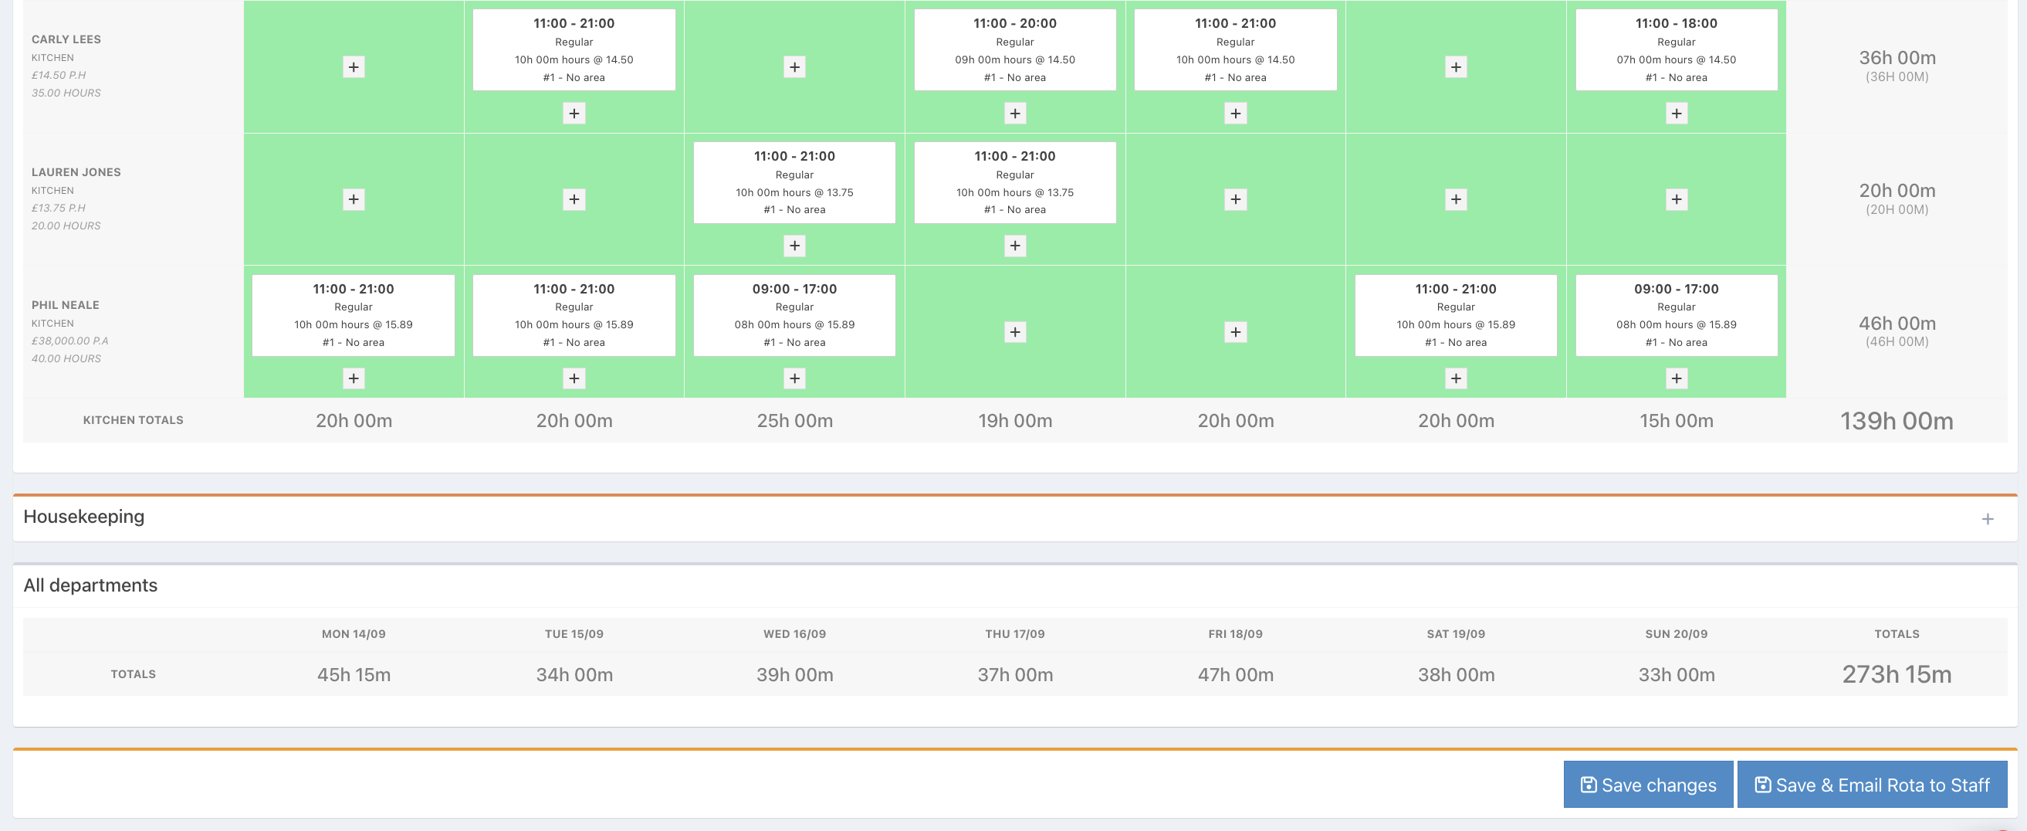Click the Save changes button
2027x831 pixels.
[1648, 785]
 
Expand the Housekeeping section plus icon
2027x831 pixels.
[1987, 519]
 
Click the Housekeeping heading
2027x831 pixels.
[84, 517]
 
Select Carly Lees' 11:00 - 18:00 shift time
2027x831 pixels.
[1676, 24]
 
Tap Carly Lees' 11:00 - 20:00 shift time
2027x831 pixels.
[1015, 24]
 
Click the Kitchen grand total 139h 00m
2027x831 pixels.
[1897, 421]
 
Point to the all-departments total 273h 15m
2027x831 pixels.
[1897, 674]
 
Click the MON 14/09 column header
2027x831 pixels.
[354, 634]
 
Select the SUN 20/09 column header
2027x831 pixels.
[1676, 634]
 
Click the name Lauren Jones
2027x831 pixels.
[76, 172]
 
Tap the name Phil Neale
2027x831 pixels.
[66, 305]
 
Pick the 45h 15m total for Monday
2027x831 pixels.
[354, 675]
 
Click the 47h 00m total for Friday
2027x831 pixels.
[1235, 675]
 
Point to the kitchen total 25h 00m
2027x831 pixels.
[795, 421]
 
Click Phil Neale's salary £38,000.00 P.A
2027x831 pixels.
[70, 341]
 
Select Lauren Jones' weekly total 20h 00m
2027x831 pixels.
[1897, 191]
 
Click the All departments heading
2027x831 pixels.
[90, 585]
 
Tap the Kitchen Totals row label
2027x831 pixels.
[133, 420]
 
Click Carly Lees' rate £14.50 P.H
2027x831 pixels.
[59, 76]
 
